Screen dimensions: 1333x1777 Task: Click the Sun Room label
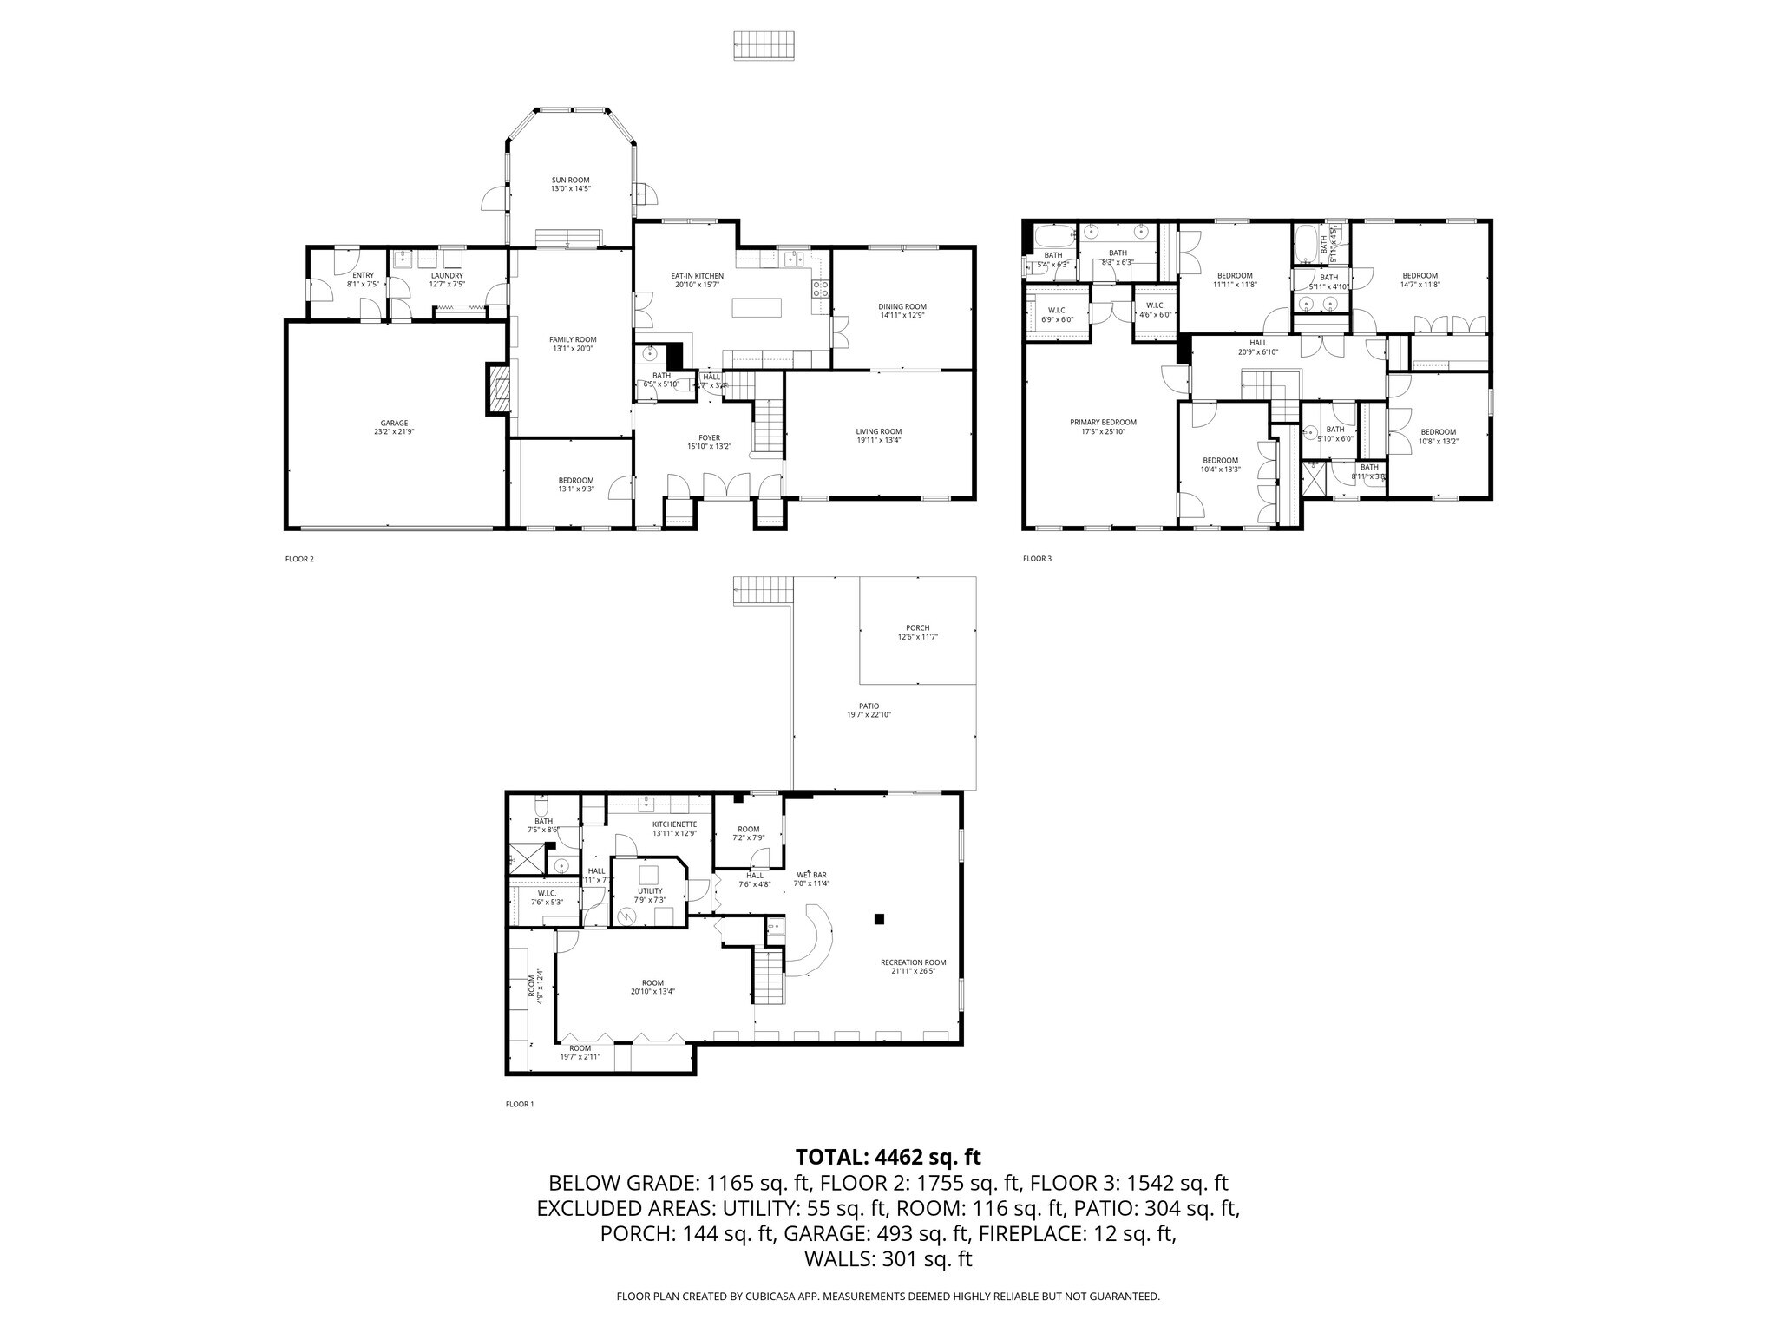pyautogui.click(x=570, y=181)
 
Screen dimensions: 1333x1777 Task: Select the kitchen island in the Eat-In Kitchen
pyautogui.click(x=757, y=308)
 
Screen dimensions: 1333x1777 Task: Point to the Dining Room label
pyautogui.click(x=902, y=306)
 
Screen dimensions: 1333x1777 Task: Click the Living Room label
pyautogui.click(x=878, y=431)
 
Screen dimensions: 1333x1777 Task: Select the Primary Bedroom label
pyautogui.click(x=1102, y=423)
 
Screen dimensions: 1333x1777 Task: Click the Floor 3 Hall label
pyautogui.click(x=1258, y=343)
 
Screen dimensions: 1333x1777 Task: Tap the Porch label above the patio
pyautogui.click(x=917, y=627)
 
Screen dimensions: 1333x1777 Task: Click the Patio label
pyautogui.click(x=869, y=706)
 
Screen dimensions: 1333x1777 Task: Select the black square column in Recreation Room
pyautogui.click(x=879, y=919)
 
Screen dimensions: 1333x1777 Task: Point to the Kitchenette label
pyautogui.click(x=674, y=824)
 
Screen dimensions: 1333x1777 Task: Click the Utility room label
pyautogui.click(x=650, y=890)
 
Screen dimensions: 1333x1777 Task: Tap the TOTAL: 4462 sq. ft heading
pyautogui.click(x=888, y=1157)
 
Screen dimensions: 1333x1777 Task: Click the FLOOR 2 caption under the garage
pyautogui.click(x=299, y=559)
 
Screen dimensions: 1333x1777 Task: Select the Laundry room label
pyautogui.click(x=447, y=275)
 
